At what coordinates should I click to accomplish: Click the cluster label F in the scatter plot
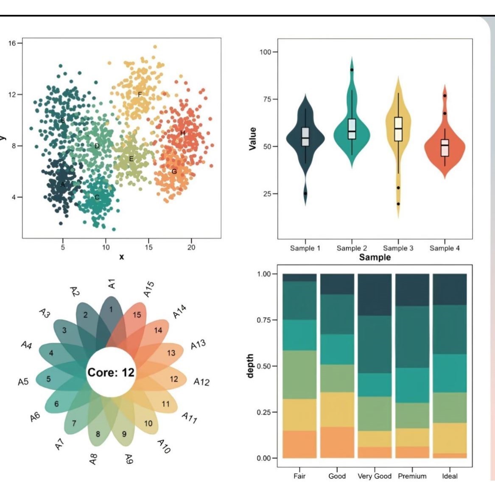coord(140,94)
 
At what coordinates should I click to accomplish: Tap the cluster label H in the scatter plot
coord(183,133)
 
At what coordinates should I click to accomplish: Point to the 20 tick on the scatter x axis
coord(191,247)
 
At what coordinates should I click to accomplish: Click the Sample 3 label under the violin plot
coord(398,248)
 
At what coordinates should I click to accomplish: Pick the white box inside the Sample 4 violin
coord(445,148)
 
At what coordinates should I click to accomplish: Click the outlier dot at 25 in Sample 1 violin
coord(305,193)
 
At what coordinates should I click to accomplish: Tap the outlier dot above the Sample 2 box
coord(352,70)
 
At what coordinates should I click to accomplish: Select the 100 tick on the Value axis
coord(266,52)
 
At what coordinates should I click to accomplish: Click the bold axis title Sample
coord(375,257)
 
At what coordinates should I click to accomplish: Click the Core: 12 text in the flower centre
coord(111,372)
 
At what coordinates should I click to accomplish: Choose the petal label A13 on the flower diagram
coord(198,344)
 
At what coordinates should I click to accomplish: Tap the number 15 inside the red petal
coord(137,315)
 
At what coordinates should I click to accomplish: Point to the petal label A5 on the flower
coord(23,382)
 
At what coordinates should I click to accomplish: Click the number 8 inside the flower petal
coord(98,434)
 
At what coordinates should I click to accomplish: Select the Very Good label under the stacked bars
coord(375,476)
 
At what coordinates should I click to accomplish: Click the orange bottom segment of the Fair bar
coord(299,444)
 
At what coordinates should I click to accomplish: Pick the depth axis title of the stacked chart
coord(250,366)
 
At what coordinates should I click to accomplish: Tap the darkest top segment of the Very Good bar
coord(375,294)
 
